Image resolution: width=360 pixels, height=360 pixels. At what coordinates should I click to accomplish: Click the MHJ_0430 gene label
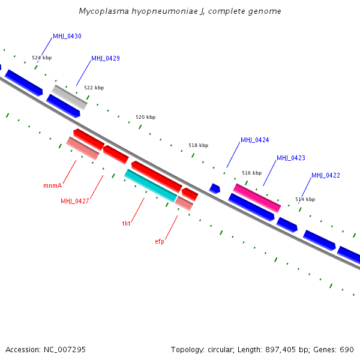(67, 37)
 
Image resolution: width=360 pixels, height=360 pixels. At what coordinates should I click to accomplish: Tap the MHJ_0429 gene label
(105, 59)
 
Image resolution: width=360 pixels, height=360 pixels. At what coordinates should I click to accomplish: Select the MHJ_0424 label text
(254, 140)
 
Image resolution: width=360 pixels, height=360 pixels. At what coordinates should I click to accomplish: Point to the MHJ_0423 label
(290, 158)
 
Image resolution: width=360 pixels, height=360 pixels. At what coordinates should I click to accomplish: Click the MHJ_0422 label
(325, 176)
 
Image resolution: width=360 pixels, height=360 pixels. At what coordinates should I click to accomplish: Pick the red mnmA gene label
(52, 186)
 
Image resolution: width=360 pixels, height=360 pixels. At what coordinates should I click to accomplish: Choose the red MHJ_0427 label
(74, 202)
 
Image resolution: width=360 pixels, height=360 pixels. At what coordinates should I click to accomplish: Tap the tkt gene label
(127, 223)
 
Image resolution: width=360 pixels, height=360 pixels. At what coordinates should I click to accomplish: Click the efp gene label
(160, 241)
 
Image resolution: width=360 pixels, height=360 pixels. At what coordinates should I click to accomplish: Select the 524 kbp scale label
(41, 58)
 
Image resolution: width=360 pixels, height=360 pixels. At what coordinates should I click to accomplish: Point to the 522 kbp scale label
(94, 88)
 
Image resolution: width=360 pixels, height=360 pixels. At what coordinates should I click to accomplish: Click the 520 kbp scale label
(145, 118)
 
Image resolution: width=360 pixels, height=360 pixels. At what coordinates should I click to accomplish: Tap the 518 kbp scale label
(198, 146)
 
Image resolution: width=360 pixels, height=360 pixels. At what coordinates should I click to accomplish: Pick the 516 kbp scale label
(251, 173)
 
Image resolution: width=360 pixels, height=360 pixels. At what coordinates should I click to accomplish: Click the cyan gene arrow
(151, 185)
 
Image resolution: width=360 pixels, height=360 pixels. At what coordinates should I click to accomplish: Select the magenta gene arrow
(257, 197)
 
